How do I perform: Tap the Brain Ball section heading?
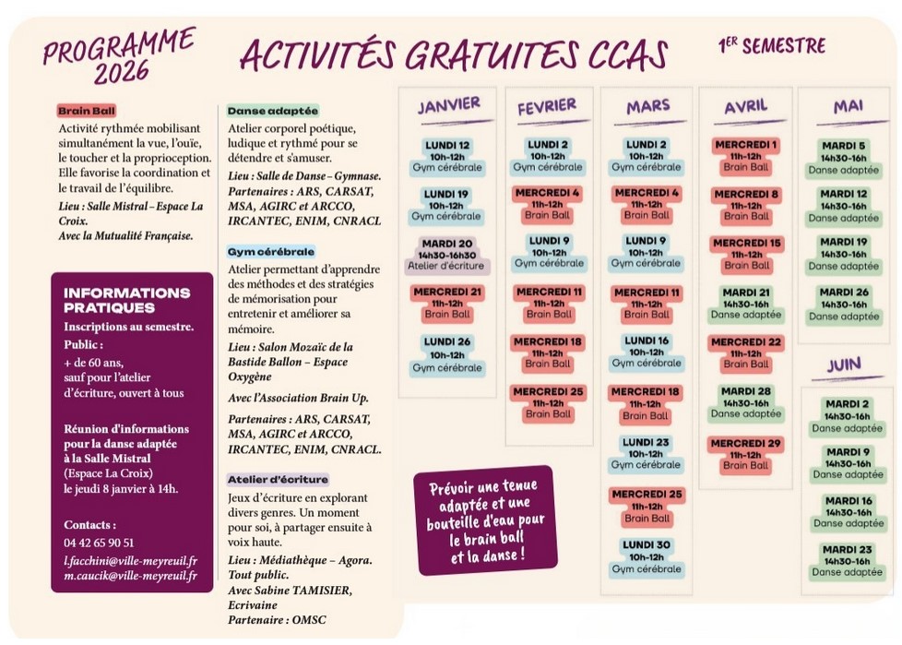[x=86, y=111]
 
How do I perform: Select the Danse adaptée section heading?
[x=272, y=110]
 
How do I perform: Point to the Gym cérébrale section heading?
[x=271, y=251]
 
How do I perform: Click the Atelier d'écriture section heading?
[x=278, y=479]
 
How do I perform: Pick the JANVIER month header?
[x=448, y=104]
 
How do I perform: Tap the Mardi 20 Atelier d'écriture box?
[x=447, y=254]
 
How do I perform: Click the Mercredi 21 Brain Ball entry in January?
[x=447, y=303]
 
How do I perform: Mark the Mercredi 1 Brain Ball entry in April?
[x=746, y=156]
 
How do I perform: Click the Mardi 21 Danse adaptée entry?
[x=746, y=304]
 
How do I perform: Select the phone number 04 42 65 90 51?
[x=99, y=543]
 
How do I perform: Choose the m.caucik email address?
[x=130, y=576]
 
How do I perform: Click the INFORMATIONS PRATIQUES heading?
[x=126, y=300]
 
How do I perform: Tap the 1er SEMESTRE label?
[x=771, y=45]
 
